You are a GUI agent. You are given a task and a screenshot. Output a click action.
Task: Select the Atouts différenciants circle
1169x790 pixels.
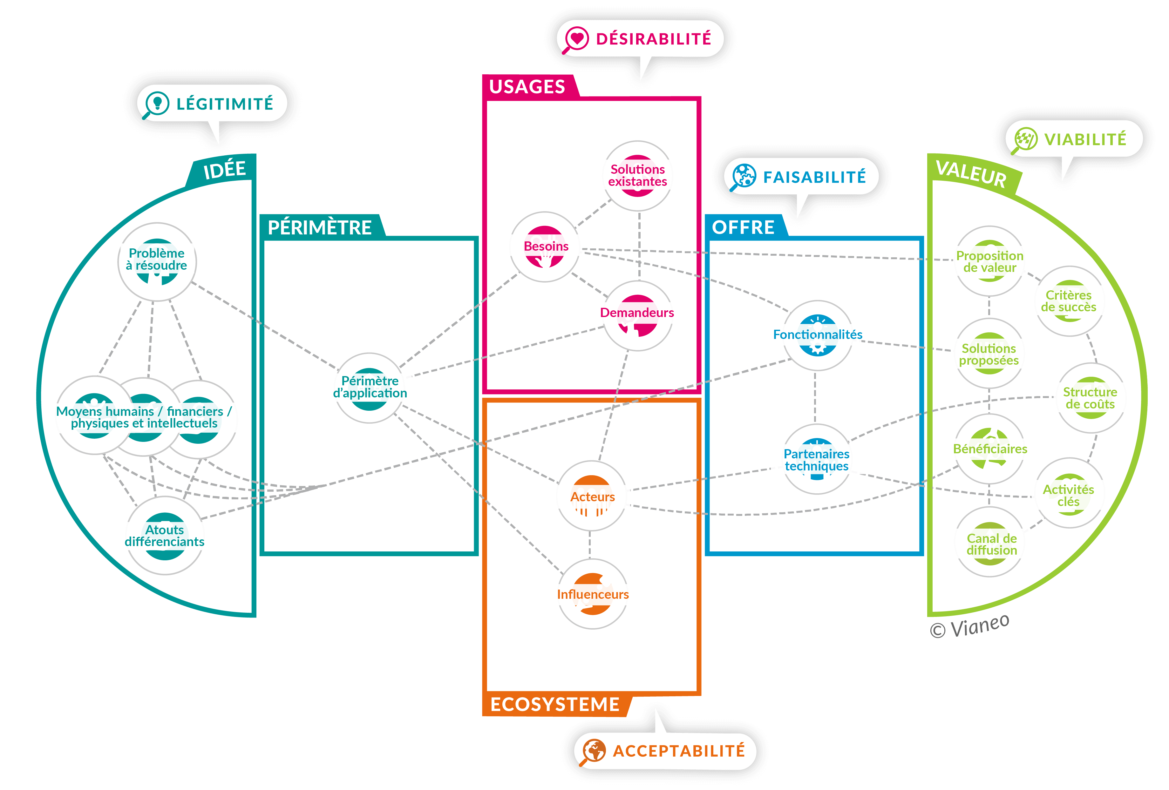[x=165, y=536]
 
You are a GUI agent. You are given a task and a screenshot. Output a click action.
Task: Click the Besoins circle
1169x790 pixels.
[x=545, y=246]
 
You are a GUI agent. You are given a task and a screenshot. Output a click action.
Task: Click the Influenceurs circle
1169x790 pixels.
[x=593, y=594]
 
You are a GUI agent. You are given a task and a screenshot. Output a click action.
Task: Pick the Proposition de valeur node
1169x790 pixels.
[x=989, y=261]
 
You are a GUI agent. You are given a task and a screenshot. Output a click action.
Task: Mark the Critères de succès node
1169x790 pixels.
[x=1069, y=301]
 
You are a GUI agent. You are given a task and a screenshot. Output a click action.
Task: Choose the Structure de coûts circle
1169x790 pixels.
[x=1090, y=398]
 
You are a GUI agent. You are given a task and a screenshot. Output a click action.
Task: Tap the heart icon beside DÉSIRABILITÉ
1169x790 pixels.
[x=576, y=38]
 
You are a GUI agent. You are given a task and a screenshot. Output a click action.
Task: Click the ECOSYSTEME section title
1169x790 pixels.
[x=555, y=705]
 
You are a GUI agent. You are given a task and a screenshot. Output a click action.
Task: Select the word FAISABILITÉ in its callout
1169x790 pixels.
[x=814, y=177]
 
